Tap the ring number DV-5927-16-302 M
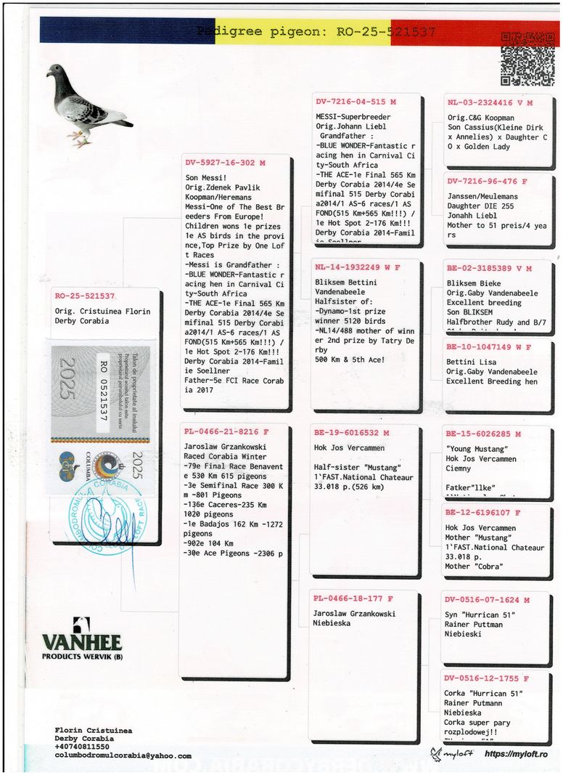[226, 163]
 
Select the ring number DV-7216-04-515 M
[356, 102]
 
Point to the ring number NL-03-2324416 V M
[490, 103]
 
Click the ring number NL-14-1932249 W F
[357, 267]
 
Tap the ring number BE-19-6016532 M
[352, 433]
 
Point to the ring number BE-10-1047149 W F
[488, 347]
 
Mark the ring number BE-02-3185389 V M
[489, 269]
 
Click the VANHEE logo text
[81, 642]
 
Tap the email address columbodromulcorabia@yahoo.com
[123, 755]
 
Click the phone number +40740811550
[82, 747]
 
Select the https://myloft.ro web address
[516, 754]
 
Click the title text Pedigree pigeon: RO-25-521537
[316, 32]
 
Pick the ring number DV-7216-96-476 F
[487, 182]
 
